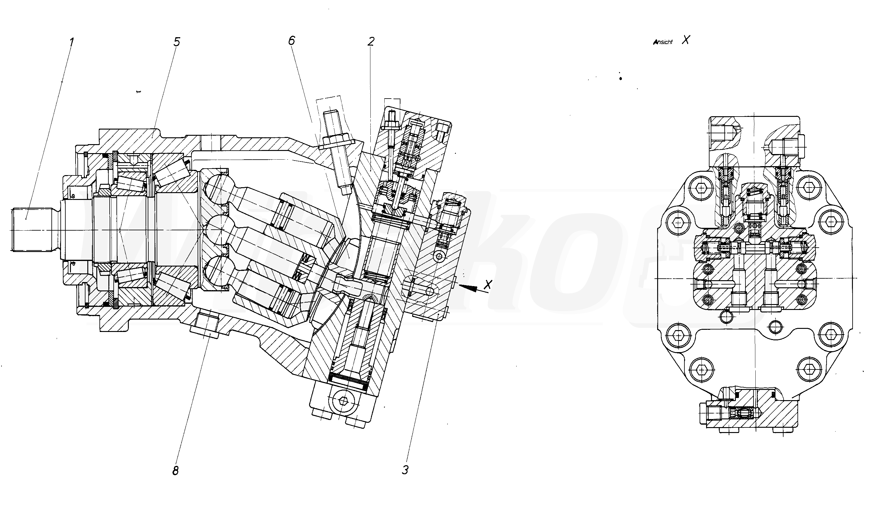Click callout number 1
pos(71,42)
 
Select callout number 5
pos(177,42)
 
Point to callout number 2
pos(371,42)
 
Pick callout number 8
pos(175,471)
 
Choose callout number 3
pos(405,470)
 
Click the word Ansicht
pos(663,42)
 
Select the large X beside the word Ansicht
pos(685,40)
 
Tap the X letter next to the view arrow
pos(488,284)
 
